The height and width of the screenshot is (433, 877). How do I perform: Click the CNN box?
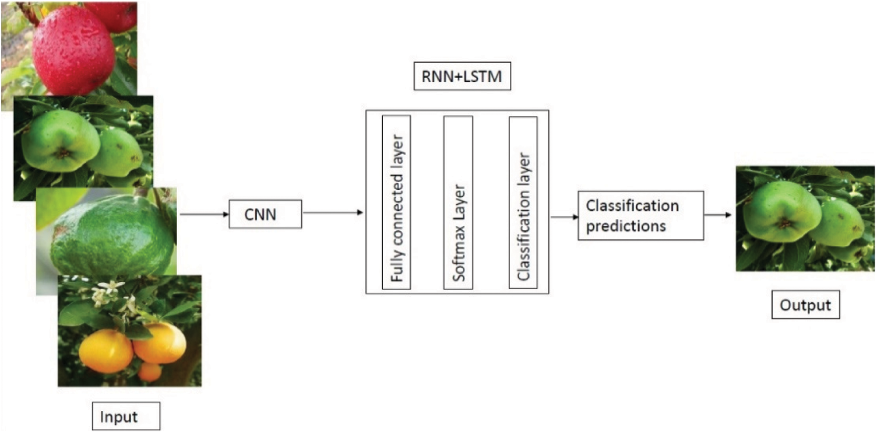pyautogui.click(x=265, y=214)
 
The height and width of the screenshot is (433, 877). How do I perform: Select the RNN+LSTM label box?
pyautogui.click(x=462, y=76)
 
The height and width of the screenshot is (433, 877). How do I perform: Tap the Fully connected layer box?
pyautogui.click(x=396, y=202)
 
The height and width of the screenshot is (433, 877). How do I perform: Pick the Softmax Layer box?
pyautogui.click(x=458, y=202)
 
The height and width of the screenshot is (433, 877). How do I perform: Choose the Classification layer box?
pyautogui.click(x=523, y=202)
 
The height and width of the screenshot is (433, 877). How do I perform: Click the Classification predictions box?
pyautogui.click(x=640, y=215)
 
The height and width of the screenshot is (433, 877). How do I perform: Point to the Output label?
pyautogui.click(x=805, y=305)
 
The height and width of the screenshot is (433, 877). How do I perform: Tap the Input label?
pyautogui.click(x=125, y=417)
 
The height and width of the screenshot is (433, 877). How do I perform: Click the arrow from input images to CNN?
pyautogui.click(x=204, y=214)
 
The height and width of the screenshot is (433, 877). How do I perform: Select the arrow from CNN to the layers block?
pyautogui.click(x=333, y=213)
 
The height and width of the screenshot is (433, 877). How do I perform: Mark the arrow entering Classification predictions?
pyautogui.click(x=563, y=216)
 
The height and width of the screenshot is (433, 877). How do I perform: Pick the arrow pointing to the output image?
pyautogui.click(x=717, y=215)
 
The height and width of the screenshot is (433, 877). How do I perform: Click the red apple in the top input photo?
pyautogui.click(x=73, y=50)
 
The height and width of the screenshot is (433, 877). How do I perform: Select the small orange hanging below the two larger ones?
pyautogui.click(x=150, y=372)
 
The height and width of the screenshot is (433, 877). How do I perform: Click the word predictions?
pyautogui.click(x=625, y=226)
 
